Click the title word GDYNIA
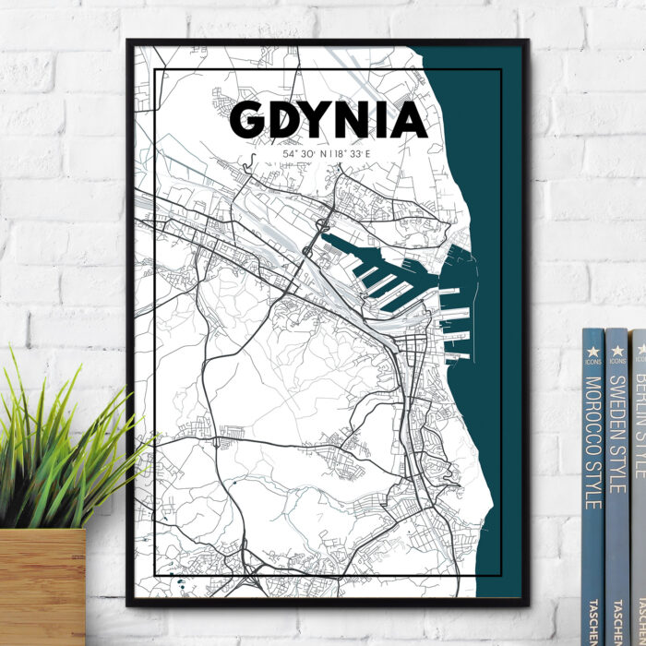[328, 119]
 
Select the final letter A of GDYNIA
[409, 119]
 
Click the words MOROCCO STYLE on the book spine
[593, 443]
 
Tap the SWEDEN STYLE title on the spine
[616, 434]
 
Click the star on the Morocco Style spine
[593, 351]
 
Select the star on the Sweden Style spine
[616, 350]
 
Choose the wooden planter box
[42, 586]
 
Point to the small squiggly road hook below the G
[247, 163]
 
